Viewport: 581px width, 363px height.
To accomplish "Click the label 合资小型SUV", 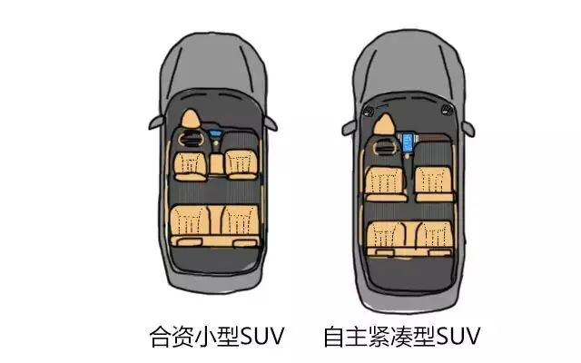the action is [216, 336].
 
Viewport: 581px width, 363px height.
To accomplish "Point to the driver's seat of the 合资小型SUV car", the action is [192, 163].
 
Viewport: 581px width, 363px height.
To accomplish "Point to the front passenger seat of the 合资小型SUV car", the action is [241, 163].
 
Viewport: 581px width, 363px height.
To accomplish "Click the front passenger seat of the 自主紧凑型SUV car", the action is [432, 179].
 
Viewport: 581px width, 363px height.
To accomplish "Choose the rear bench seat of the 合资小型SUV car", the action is [216, 222].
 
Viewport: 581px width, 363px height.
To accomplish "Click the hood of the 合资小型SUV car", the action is [216, 77].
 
